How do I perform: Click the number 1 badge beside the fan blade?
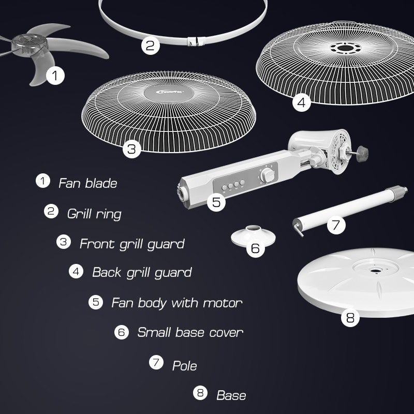[55, 76]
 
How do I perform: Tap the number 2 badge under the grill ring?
[151, 46]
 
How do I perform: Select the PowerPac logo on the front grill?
[170, 92]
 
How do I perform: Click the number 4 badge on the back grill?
[302, 102]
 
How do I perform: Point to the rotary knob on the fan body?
[267, 175]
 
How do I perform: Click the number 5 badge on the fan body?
[216, 202]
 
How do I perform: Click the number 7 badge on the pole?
[336, 225]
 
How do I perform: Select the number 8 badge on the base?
[350, 317]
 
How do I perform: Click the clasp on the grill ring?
[196, 41]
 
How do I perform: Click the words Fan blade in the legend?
[87, 183]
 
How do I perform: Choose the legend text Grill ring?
[94, 214]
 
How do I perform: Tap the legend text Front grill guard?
[132, 244]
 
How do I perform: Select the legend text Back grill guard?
[142, 273]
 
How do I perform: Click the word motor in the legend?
[223, 303]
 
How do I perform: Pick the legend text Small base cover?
[190, 332]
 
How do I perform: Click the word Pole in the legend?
[185, 366]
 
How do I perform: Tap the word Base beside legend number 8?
[231, 395]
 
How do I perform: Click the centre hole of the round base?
[374, 271]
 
